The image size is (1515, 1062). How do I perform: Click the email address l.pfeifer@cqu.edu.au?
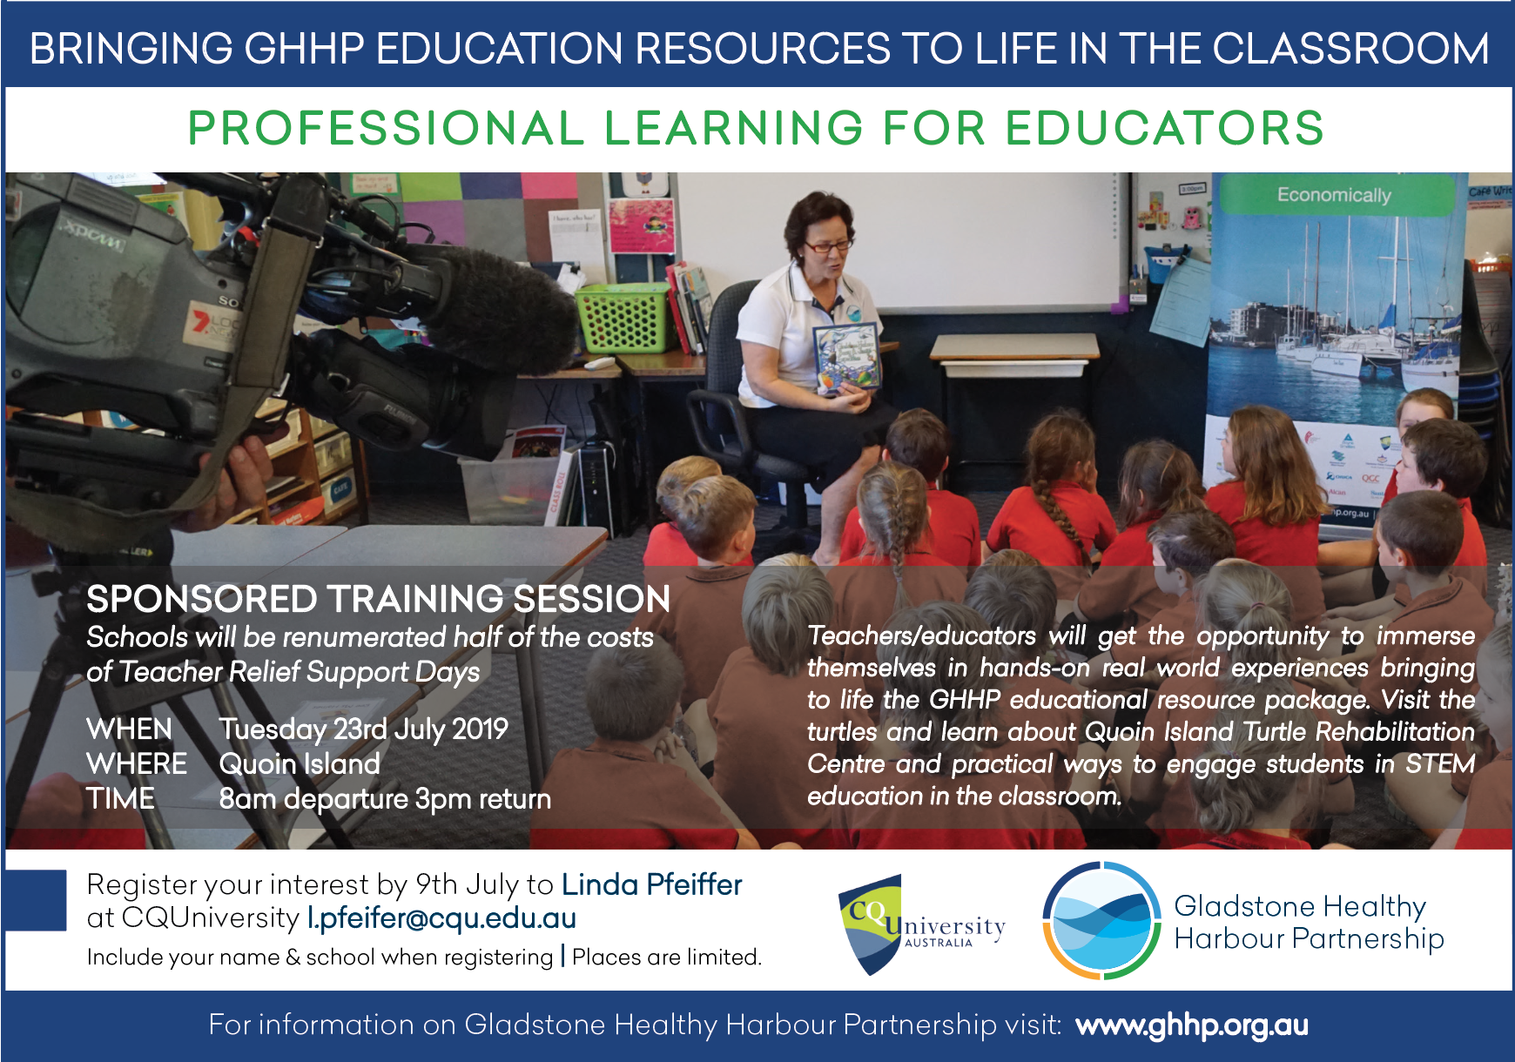(x=441, y=918)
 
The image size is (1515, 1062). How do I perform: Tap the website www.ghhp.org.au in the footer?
(x=1192, y=1025)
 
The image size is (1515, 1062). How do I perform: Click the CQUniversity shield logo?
(x=871, y=925)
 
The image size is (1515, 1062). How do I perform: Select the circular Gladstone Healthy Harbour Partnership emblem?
(x=1101, y=921)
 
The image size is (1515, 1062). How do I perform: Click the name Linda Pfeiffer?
(x=652, y=884)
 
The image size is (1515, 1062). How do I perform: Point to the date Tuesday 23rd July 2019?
(x=364, y=729)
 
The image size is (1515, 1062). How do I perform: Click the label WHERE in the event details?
(x=137, y=764)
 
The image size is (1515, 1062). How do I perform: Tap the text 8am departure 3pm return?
(x=385, y=799)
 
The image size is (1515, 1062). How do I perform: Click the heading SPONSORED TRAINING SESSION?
(x=379, y=599)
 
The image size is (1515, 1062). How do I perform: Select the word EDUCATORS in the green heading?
(x=1164, y=129)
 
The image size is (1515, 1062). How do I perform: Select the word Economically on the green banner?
(x=1334, y=195)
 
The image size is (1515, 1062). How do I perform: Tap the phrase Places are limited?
(x=667, y=958)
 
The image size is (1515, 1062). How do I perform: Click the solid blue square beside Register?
(x=36, y=900)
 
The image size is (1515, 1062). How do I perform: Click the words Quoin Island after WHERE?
(x=300, y=764)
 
